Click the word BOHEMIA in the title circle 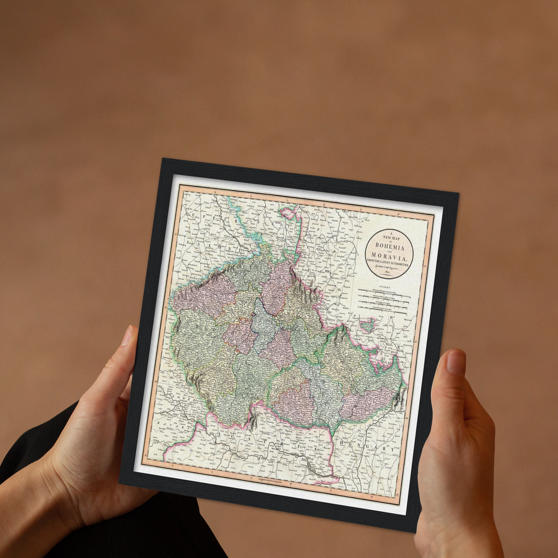(x=390, y=247)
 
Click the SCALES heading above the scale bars (x=385, y=287)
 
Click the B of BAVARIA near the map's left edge (x=159, y=423)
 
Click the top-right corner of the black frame (x=458, y=193)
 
